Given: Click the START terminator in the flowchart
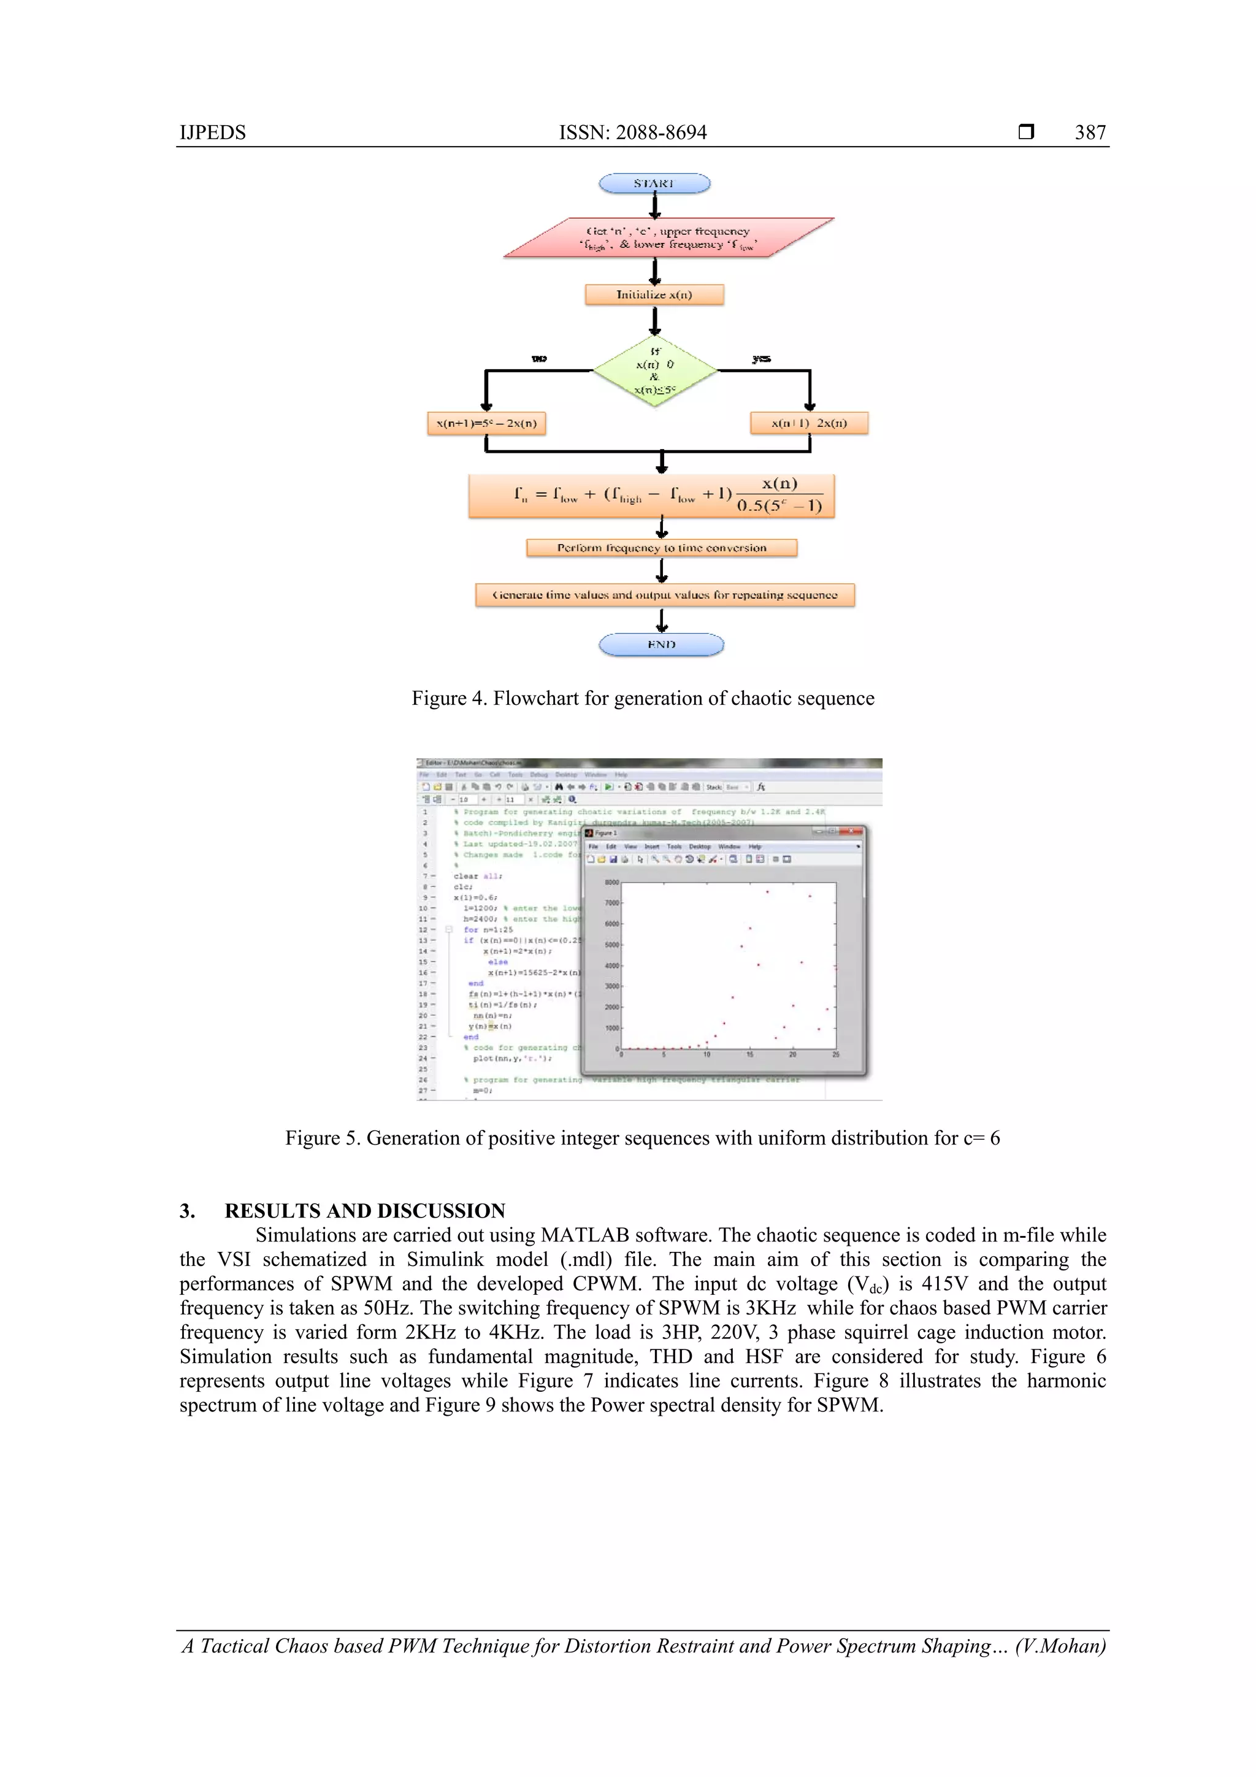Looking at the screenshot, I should tap(654, 183).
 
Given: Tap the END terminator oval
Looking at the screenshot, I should tap(661, 644).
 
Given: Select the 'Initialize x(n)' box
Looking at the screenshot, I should tap(654, 295).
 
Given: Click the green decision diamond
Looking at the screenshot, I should tap(655, 370).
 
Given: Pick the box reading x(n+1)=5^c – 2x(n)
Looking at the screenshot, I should tap(486, 423).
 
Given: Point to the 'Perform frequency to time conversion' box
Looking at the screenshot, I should tap(661, 548).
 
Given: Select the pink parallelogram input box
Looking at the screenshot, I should tap(668, 237).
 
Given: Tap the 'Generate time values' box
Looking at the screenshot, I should tap(664, 595).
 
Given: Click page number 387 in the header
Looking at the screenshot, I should tap(1090, 132).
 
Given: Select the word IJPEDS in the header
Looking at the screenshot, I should tap(212, 132).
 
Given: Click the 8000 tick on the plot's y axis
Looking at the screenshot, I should tap(611, 882).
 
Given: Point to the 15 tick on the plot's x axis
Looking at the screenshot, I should tap(749, 1055).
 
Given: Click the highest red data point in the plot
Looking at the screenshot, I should tap(767, 892).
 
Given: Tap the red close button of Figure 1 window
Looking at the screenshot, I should tap(852, 831).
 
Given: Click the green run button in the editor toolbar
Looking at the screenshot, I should tap(608, 787).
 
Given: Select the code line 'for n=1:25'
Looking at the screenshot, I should tap(488, 929).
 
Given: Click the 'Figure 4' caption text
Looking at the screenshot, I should tap(642, 698).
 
